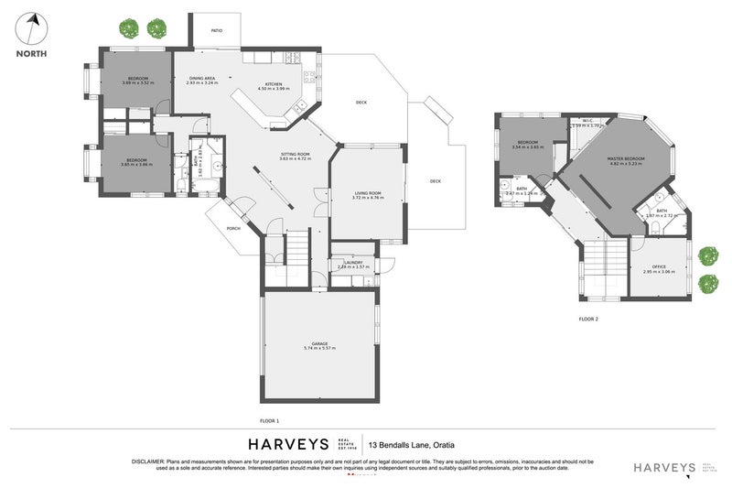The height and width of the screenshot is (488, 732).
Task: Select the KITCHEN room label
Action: (x=273, y=83)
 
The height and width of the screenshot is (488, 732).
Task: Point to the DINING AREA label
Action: (x=202, y=79)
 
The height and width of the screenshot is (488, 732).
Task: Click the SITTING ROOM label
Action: (x=295, y=154)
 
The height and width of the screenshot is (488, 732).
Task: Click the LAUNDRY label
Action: (x=353, y=263)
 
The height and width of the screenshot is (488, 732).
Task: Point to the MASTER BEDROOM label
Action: (x=626, y=159)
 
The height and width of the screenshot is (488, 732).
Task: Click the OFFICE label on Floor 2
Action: (x=658, y=266)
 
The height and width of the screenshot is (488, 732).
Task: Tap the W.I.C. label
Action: (x=589, y=120)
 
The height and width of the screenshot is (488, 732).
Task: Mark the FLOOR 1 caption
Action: (x=269, y=420)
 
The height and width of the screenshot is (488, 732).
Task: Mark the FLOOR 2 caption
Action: (x=588, y=319)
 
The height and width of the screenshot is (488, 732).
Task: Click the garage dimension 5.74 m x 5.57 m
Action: (x=320, y=350)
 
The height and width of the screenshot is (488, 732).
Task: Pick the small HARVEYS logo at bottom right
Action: (x=665, y=467)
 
